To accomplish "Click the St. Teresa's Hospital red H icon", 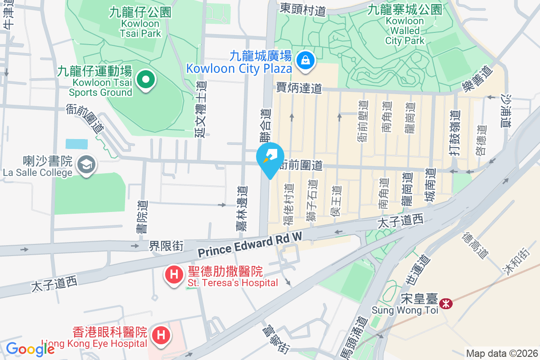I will (x=174, y=275).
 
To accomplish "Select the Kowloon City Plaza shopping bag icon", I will (x=306, y=59).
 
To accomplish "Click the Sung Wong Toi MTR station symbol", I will (x=445, y=304).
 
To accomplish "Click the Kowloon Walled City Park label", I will (x=405, y=25).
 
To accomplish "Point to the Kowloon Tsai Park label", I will (x=140, y=22).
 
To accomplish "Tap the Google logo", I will (x=30, y=349).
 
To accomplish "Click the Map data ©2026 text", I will (x=501, y=353).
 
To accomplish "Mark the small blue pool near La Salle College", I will (x=76, y=144).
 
